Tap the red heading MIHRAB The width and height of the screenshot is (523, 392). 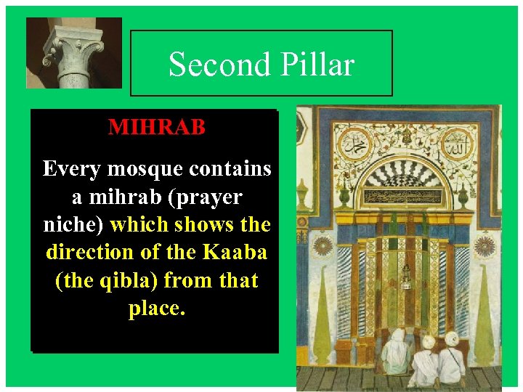157,127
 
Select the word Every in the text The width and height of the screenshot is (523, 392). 72,169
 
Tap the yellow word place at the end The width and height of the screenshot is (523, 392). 157,308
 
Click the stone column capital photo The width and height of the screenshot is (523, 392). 63,52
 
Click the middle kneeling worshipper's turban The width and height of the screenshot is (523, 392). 428,341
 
